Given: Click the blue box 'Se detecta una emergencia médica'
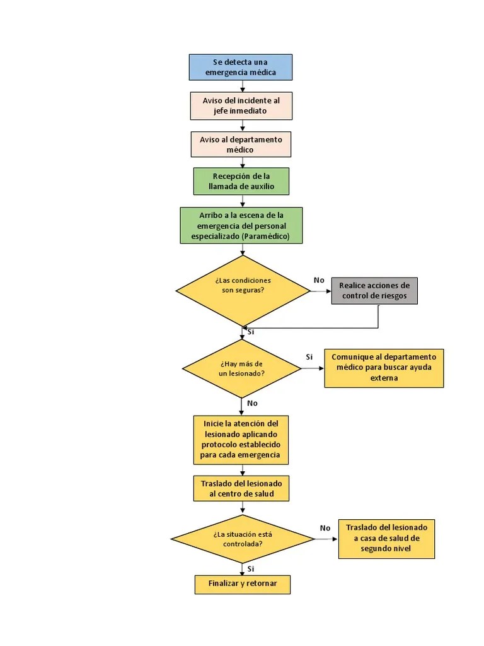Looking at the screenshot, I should coord(241,67).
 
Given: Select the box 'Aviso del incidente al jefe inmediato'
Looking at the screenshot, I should coord(241,105).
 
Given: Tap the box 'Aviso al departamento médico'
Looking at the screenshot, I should coord(241,144).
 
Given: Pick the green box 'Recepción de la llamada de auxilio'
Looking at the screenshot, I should coord(241,181).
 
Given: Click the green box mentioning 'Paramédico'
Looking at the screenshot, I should coord(241,225).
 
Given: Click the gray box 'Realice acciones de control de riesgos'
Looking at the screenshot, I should coord(374,291).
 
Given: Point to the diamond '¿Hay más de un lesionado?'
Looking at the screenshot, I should coord(241,368).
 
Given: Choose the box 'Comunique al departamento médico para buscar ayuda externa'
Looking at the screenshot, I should coord(384,368).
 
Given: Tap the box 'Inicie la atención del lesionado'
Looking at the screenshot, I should coord(241,438).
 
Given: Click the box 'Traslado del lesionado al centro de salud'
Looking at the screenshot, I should coord(241,488).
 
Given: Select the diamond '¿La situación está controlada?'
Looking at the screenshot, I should coord(243,539).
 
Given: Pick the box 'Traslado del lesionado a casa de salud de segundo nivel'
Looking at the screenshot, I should coord(386,539).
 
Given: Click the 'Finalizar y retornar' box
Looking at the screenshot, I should coord(243,584).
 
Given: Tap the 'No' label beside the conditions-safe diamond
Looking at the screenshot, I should coord(319,280).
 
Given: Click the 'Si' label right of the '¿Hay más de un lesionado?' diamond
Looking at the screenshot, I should coord(309,357).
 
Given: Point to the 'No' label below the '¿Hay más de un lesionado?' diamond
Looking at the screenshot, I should coord(252,403).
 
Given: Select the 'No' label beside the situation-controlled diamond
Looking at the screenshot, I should coord(325,528).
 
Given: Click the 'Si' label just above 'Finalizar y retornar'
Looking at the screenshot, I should coord(251,568).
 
